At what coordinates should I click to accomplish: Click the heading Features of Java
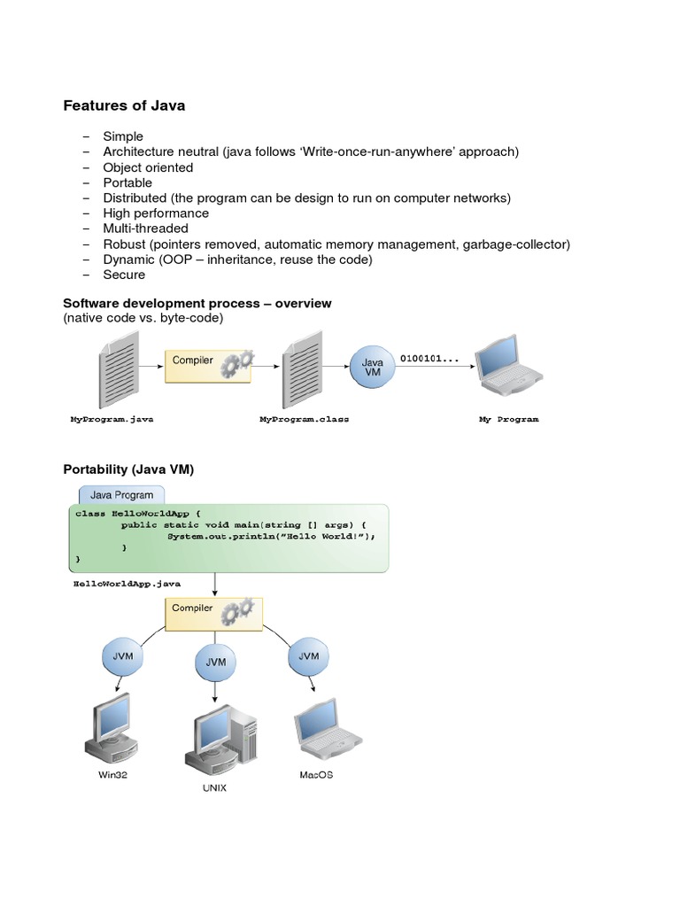pos(124,105)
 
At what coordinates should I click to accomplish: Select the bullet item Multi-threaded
pos(145,229)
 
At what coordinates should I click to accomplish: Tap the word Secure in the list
pos(124,275)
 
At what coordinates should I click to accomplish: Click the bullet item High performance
pos(156,213)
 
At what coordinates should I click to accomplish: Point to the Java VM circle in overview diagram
pos(373,367)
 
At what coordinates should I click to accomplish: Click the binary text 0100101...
pos(429,359)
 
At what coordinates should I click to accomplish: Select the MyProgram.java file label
pos(112,419)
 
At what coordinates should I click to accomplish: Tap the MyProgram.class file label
pos(304,419)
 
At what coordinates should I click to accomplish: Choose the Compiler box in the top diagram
pos(207,365)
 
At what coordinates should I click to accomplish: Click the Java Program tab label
pos(121,495)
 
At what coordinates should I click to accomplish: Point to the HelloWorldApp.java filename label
pos(127,585)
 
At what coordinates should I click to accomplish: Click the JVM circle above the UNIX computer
pos(215,662)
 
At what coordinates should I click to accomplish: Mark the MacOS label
pos(316,775)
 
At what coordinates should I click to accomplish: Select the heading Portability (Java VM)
pos(128,469)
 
